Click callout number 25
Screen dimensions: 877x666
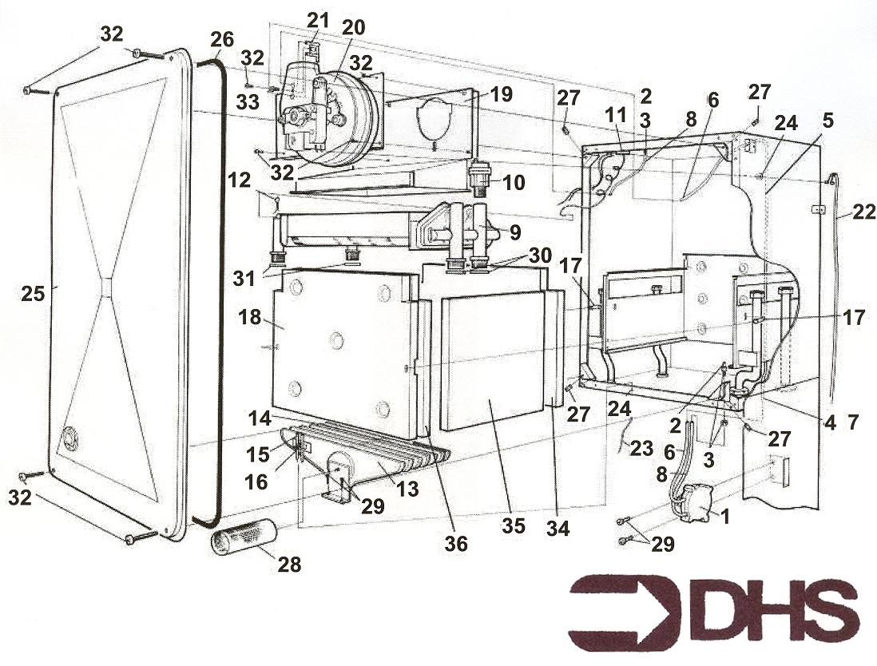(33, 292)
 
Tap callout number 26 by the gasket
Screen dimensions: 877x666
(222, 40)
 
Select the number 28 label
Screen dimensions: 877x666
(290, 565)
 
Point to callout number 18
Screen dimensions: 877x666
(250, 317)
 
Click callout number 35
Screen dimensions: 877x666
(514, 525)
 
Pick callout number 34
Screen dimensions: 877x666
(558, 527)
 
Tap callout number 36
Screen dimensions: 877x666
(456, 543)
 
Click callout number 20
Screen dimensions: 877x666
(354, 27)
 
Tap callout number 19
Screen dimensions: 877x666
(501, 94)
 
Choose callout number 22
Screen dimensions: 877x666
(863, 211)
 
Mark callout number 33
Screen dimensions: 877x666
(248, 101)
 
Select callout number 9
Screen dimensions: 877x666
(515, 232)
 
